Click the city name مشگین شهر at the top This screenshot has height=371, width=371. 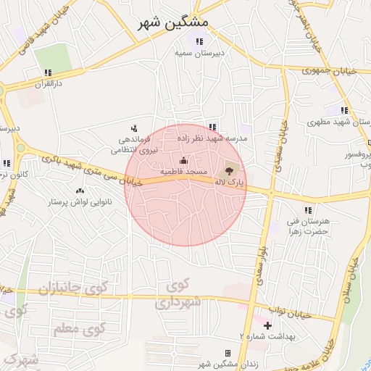point(174,22)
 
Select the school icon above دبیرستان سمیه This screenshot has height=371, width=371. point(199,42)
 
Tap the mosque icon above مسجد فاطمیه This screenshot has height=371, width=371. point(183,161)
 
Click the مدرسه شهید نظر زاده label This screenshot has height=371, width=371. point(217,137)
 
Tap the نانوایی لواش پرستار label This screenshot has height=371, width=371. point(78,201)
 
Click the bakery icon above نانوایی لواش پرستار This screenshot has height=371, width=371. point(80,190)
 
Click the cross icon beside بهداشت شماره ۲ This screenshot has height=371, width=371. point(267,325)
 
